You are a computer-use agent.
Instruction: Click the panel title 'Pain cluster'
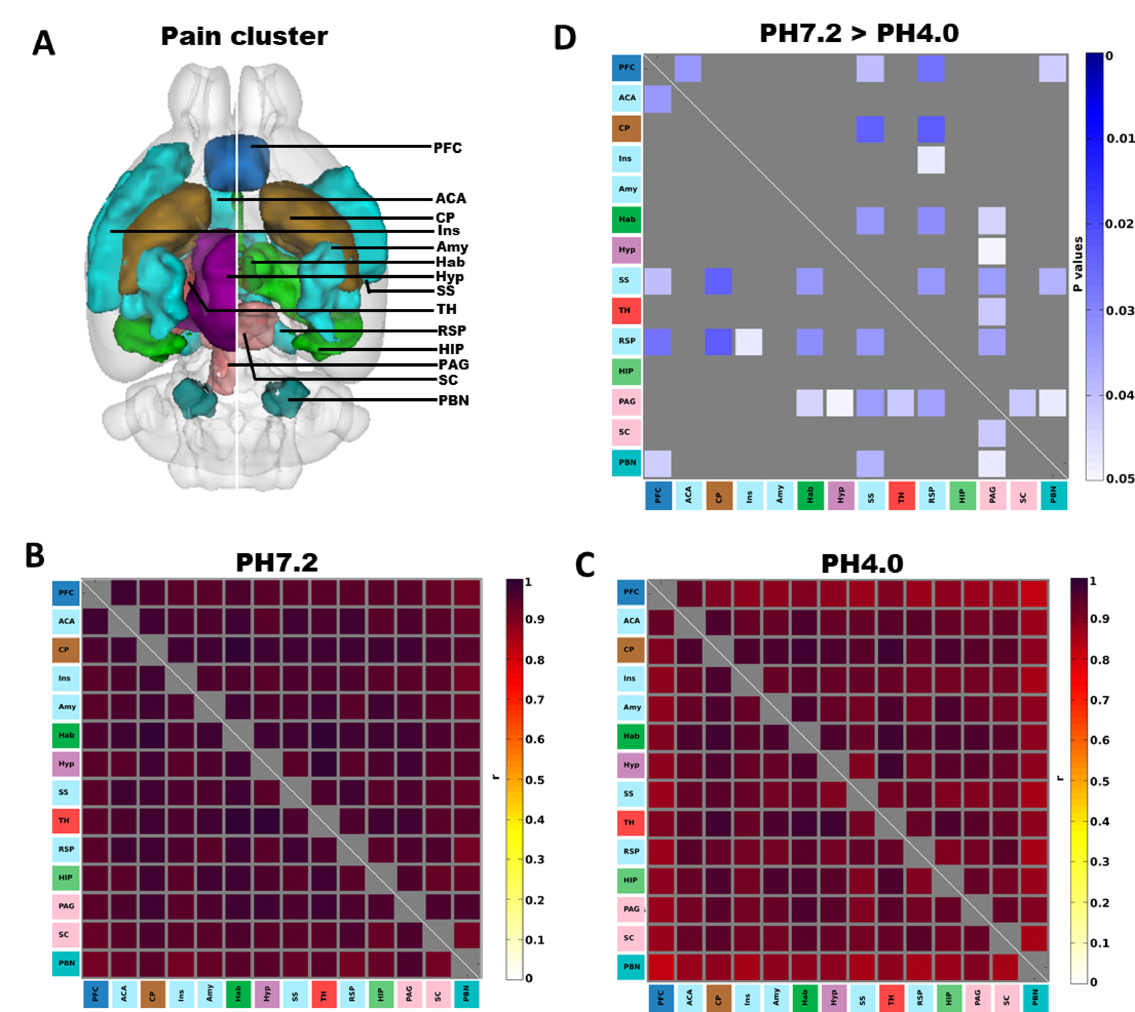point(244,37)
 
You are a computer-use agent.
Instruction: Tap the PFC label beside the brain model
point(447,148)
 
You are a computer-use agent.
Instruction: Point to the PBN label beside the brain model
point(454,400)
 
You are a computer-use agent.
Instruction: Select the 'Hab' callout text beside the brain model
point(450,262)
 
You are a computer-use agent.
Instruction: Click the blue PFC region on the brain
point(236,162)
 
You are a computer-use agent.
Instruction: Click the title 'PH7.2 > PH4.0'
point(859,34)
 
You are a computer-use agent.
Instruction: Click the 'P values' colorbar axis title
point(1078,264)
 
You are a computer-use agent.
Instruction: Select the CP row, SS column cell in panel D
point(870,129)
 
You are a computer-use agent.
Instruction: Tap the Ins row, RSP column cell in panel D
point(931,160)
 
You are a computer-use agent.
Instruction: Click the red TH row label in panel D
point(626,310)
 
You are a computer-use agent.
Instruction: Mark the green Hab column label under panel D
point(810,495)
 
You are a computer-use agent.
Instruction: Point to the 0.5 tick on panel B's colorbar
point(535,779)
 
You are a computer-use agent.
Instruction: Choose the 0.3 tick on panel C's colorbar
point(1100,861)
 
